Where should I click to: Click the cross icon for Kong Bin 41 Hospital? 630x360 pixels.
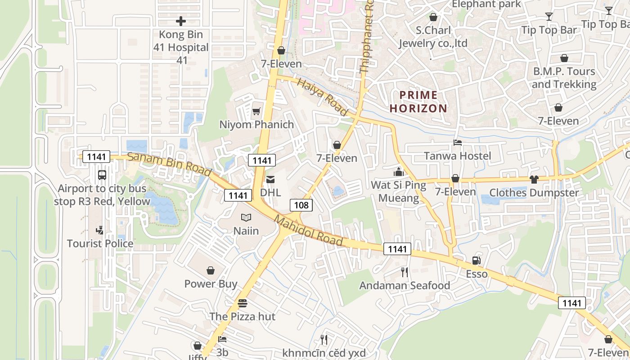(x=180, y=21)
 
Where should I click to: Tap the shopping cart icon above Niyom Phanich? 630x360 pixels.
(x=256, y=111)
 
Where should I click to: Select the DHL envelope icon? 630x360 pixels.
(x=270, y=180)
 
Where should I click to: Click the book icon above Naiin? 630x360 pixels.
(x=246, y=218)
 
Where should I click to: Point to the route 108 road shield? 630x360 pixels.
(x=301, y=205)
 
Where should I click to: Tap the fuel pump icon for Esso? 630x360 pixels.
(x=476, y=261)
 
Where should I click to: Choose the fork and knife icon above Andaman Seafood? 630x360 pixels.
(x=405, y=272)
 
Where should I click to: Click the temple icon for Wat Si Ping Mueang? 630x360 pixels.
(x=398, y=171)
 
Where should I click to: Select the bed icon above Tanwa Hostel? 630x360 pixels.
(x=457, y=143)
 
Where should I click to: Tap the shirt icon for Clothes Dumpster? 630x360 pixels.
(x=534, y=180)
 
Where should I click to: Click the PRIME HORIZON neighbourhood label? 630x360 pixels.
(x=418, y=102)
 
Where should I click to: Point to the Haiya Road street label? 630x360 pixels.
(x=323, y=97)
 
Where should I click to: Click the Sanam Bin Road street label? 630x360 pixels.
(x=169, y=164)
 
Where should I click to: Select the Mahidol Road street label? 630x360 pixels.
(x=309, y=231)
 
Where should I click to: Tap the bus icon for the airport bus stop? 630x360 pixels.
(x=102, y=175)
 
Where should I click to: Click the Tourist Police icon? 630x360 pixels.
(x=100, y=230)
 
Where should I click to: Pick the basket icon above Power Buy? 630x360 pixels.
(x=210, y=270)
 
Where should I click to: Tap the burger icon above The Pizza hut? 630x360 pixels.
(x=243, y=303)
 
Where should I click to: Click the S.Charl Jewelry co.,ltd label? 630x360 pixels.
(x=433, y=37)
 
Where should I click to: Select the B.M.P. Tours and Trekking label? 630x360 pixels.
(x=564, y=78)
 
